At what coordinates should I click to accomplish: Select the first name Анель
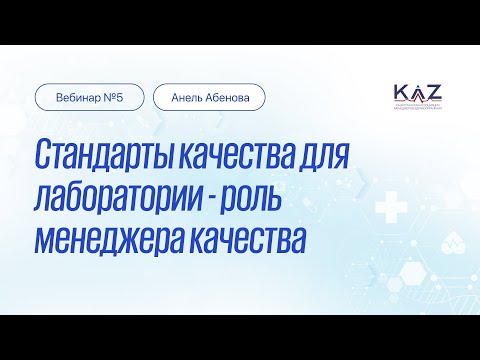coord(187,97)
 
